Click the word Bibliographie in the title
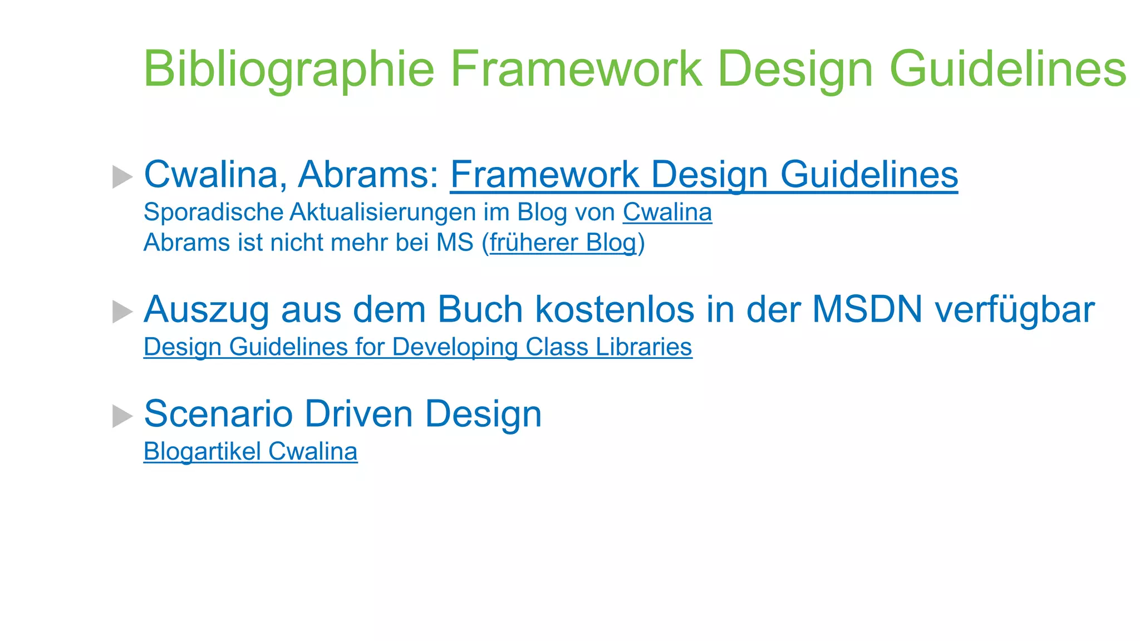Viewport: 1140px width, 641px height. (x=288, y=69)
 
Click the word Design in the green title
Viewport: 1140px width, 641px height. (x=795, y=69)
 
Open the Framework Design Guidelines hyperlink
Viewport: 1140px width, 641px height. (x=704, y=175)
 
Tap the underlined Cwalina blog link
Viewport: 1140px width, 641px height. (x=667, y=213)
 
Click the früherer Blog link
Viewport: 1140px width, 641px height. (x=562, y=243)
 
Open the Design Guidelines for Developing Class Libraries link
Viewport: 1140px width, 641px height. (x=417, y=347)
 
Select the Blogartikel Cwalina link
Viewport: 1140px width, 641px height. (x=250, y=451)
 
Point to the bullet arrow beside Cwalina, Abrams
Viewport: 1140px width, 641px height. (x=122, y=176)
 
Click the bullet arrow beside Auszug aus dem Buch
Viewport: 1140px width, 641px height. (x=122, y=311)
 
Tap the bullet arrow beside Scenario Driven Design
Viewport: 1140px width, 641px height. (x=122, y=416)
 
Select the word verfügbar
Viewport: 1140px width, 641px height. (x=1014, y=309)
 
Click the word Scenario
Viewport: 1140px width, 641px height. (x=218, y=414)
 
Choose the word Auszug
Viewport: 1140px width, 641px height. (x=207, y=309)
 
